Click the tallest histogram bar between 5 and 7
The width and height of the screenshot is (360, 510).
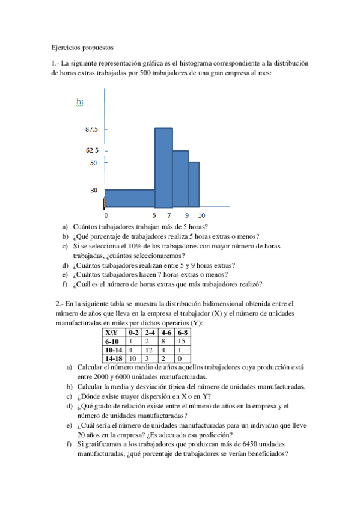(163, 167)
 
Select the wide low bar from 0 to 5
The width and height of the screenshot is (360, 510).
(130, 198)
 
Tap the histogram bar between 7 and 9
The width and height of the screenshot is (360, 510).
(180, 179)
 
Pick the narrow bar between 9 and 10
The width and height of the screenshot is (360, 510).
(194, 184)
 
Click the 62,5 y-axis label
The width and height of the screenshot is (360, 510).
(93, 150)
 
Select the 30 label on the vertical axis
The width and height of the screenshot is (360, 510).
(94, 191)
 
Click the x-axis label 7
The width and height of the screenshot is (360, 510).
(169, 215)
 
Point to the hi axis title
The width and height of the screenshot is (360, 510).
(80, 102)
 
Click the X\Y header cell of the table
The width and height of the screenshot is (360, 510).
(111, 333)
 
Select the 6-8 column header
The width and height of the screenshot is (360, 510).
(183, 333)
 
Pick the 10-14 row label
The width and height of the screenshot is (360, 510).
(114, 349)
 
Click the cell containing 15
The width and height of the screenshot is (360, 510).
(182, 340)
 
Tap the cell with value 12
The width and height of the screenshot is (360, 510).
(149, 349)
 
